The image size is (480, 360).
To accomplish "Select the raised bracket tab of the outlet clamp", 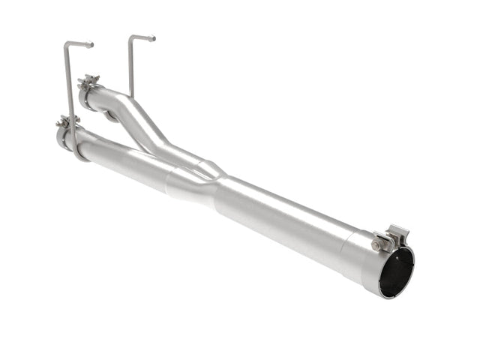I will tap(397, 233).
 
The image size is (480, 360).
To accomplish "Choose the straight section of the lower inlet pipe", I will tap(124, 157).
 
